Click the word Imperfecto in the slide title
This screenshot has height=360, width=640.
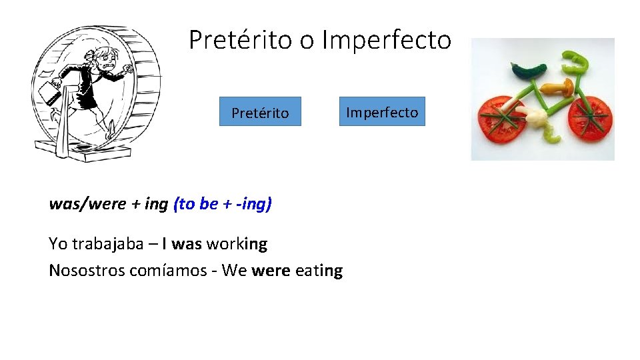tap(386, 40)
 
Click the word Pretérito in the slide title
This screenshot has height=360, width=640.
tap(241, 40)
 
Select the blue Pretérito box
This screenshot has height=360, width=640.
tap(260, 112)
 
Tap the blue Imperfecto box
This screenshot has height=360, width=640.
tap(382, 111)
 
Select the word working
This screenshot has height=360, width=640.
tap(237, 244)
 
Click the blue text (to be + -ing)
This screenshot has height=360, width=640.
tap(222, 204)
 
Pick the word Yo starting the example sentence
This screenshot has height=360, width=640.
tap(58, 244)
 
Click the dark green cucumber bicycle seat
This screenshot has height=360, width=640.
tap(529, 69)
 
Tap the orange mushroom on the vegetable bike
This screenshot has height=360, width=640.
tap(559, 87)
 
